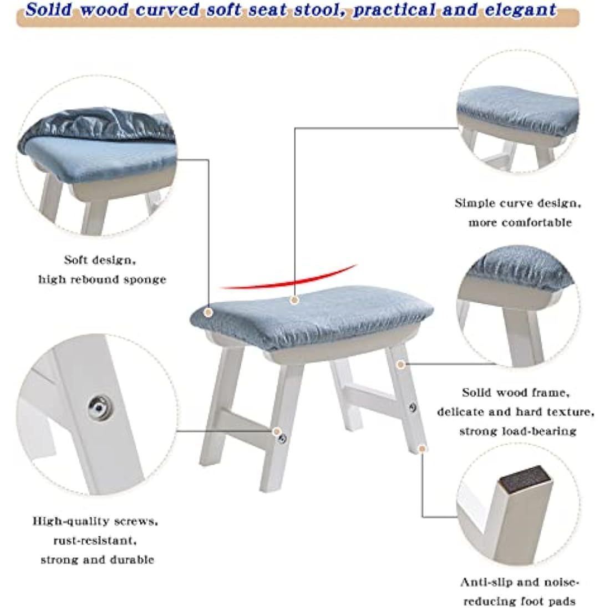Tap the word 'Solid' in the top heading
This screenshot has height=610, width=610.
[x=50, y=10]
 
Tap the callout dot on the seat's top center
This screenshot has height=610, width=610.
[x=294, y=300]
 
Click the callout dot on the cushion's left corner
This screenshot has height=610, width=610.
[x=209, y=313]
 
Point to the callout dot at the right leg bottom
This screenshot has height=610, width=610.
[x=422, y=446]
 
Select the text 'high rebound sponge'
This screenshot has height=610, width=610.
[x=102, y=279]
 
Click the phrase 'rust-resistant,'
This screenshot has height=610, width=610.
[x=94, y=540]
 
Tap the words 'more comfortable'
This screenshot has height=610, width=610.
[x=520, y=222]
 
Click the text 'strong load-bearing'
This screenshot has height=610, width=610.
[x=517, y=431]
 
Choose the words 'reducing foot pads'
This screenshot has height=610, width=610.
[x=519, y=601]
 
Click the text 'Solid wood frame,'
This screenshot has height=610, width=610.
[x=515, y=393]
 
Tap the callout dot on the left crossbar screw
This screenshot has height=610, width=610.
[x=276, y=430]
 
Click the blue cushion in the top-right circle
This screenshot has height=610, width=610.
[x=513, y=105]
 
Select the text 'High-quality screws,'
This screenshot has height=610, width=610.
[x=95, y=521]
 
